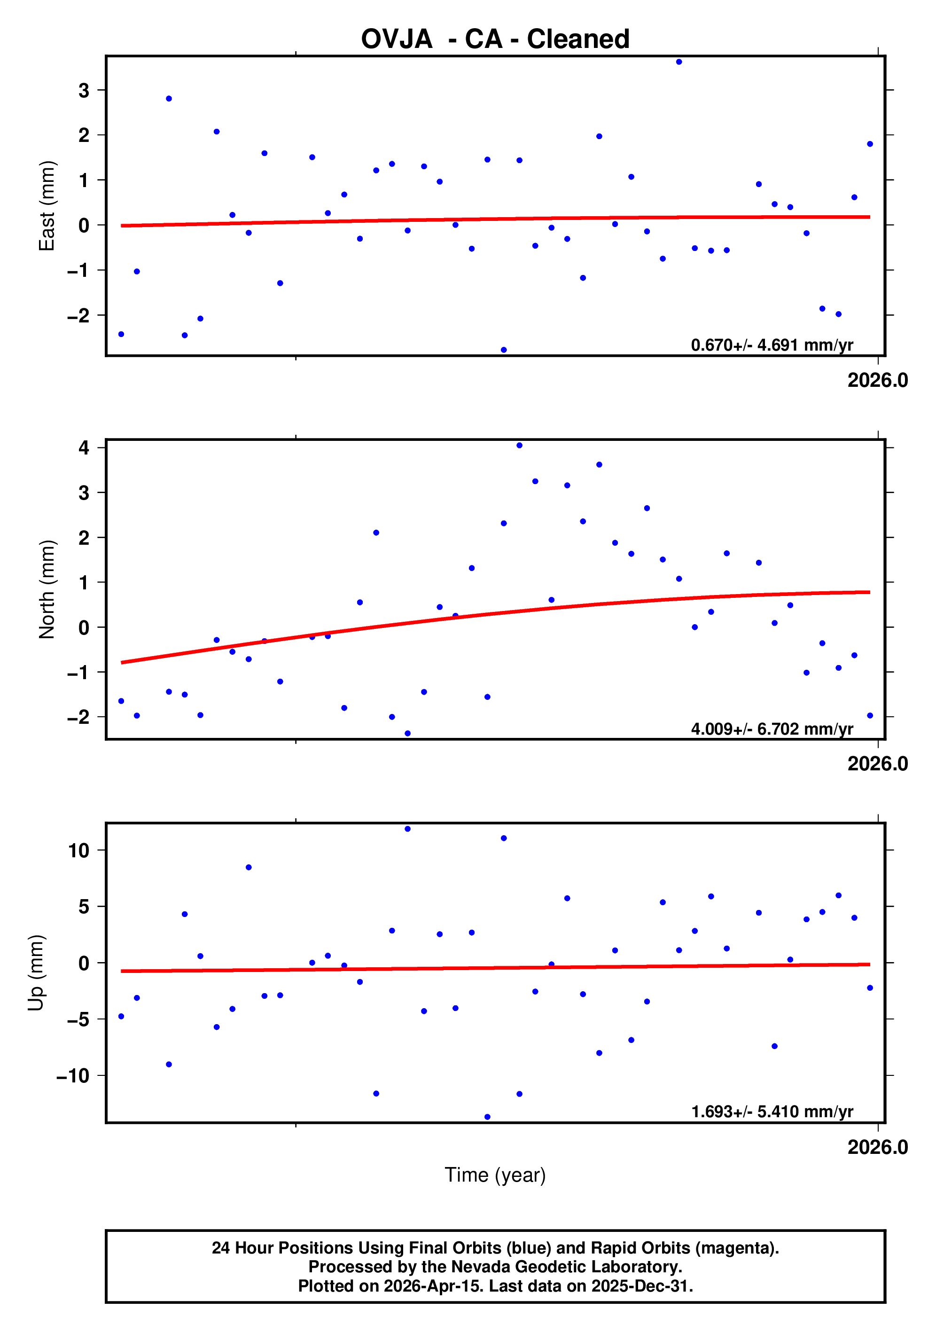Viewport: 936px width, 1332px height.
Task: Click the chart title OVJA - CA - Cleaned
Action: coord(495,39)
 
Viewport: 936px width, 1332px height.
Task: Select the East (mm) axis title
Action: coord(47,206)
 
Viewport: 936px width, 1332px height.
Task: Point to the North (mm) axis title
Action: coord(47,589)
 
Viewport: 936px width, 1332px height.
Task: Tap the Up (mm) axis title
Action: coord(36,973)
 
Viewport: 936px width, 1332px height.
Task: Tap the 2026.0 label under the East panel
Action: coord(877,381)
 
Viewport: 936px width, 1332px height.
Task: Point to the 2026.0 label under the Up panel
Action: coord(877,1147)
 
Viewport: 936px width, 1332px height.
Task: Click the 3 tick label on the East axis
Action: coord(84,91)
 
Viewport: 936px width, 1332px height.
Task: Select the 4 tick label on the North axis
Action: coord(84,447)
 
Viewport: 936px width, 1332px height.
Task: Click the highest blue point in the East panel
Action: coord(679,62)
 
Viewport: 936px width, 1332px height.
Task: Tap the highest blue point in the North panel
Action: coord(519,446)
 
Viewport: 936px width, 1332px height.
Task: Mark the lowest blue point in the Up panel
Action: coord(487,1117)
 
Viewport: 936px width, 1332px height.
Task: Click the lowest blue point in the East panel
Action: coord(503,350)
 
